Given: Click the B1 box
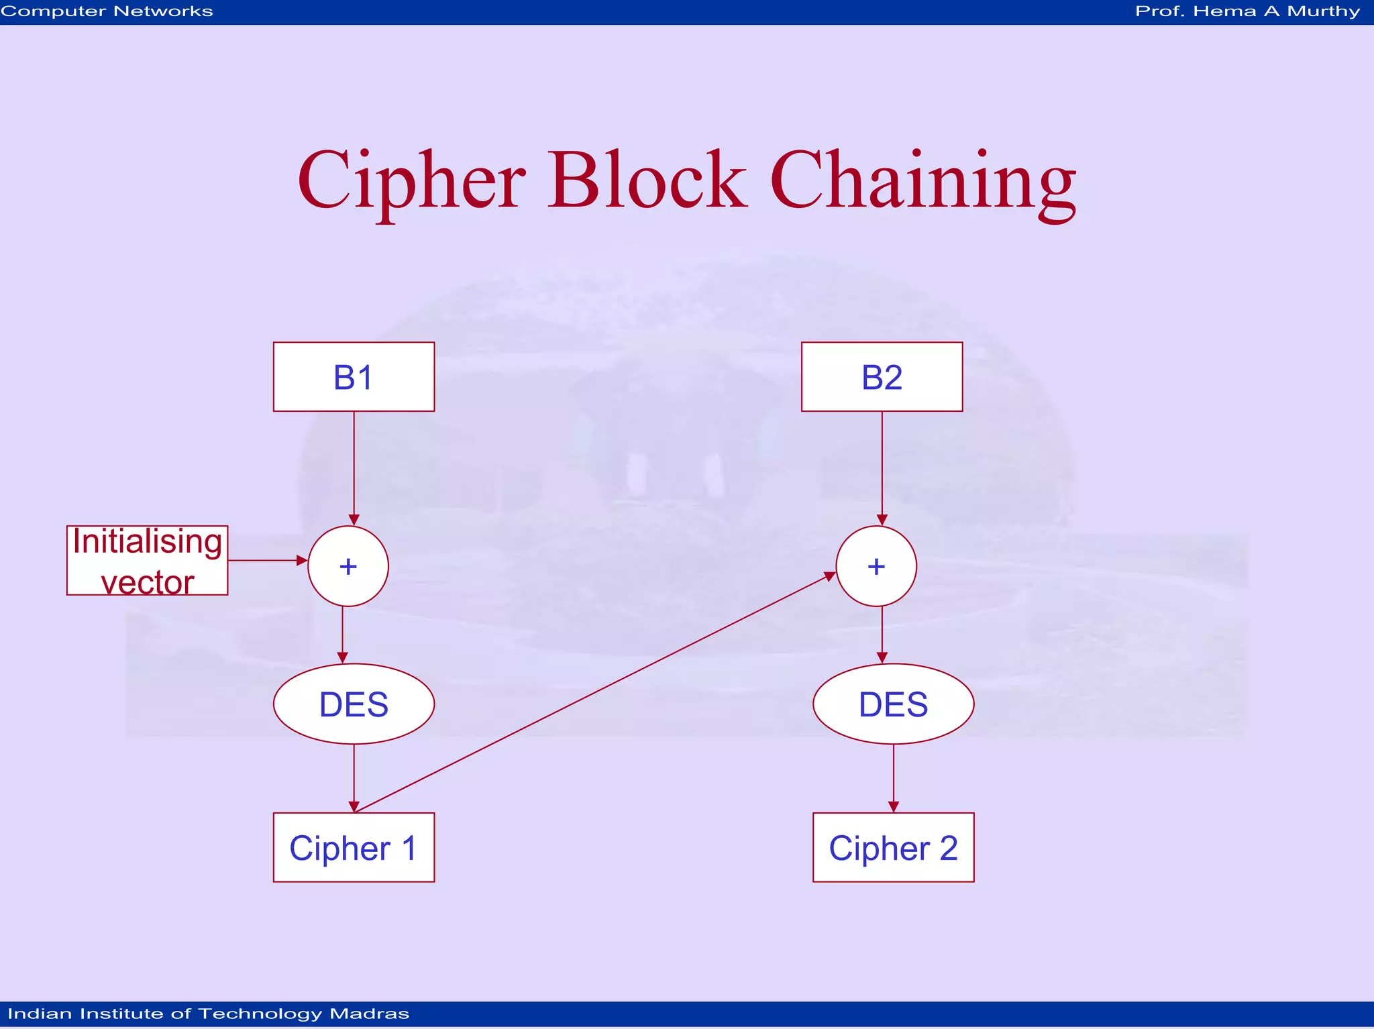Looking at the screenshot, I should click(x=354, y=377).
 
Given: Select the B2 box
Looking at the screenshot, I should click(x=882, y=377).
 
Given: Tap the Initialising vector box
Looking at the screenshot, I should click(x=147, y=561).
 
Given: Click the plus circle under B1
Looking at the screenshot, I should click(x=348, y=566).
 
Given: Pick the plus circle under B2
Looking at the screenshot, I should click(x=876, y=566).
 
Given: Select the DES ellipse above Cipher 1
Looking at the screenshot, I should click(x=354, y=704).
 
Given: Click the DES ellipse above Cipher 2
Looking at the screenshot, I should click(x=893, y=704).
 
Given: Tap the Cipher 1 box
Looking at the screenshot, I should click(x=354, y=847).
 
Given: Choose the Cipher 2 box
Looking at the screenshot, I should click(x=893, y=847).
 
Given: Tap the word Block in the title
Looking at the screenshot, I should click(x=647, y=180).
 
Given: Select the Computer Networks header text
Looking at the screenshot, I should click(x=107, y=11).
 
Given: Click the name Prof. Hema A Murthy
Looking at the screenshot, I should click(x=1247, y=11).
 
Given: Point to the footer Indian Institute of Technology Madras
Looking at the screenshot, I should click(x=208, y=1014).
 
